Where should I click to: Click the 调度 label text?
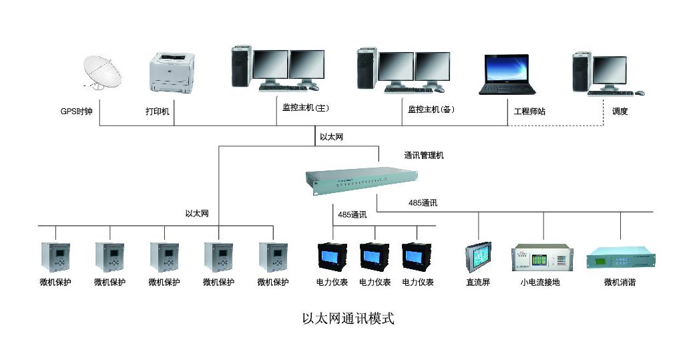tap(620, 112)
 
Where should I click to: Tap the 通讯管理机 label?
tap(423, 156)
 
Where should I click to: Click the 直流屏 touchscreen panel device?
tap(478, 257)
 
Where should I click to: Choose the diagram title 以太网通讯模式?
tap(348, 319)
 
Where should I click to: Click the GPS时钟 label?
tap(76, 112)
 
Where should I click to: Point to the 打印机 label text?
tap(158, 112)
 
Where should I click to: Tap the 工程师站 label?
tap(529, 112)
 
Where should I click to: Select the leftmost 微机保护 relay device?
tap(55, 256)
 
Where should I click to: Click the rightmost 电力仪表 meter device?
tap(418, 256)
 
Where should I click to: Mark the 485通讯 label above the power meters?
tap(352, 214)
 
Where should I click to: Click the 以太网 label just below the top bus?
tap(331, 137)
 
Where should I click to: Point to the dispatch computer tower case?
tap(582, 73)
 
